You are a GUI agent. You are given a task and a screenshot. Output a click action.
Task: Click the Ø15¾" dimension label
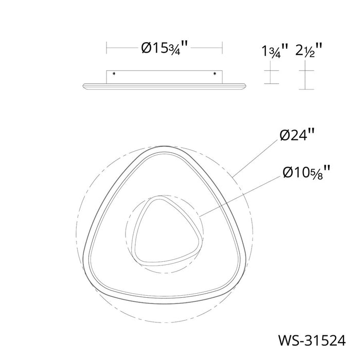165,48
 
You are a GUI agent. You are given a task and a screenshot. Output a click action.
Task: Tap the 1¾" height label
275,51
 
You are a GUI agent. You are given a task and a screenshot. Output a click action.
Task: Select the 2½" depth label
309,50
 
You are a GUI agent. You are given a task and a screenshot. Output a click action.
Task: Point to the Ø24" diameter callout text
297,135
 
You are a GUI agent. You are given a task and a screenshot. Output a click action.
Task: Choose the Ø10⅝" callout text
307,172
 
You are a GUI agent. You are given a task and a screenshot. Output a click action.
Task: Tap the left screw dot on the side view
114,74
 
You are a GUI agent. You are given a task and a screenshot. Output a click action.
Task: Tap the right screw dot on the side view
214,74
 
